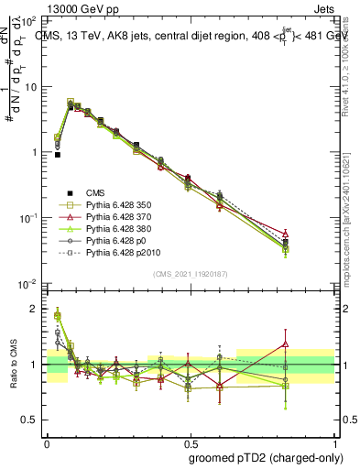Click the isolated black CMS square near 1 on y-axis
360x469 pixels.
[x=57, y=155]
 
